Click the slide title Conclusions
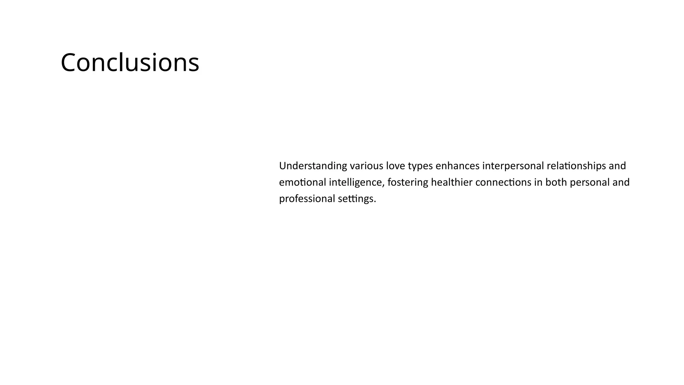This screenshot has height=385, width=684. point(130,62)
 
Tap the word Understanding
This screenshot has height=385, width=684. point(313,166)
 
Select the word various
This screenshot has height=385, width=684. point(366,166)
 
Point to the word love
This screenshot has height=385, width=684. point(395,166)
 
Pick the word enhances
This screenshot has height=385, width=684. point(458,166)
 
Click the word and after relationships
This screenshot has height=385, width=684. point(618,166)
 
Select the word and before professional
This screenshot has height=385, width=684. point(621,182)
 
